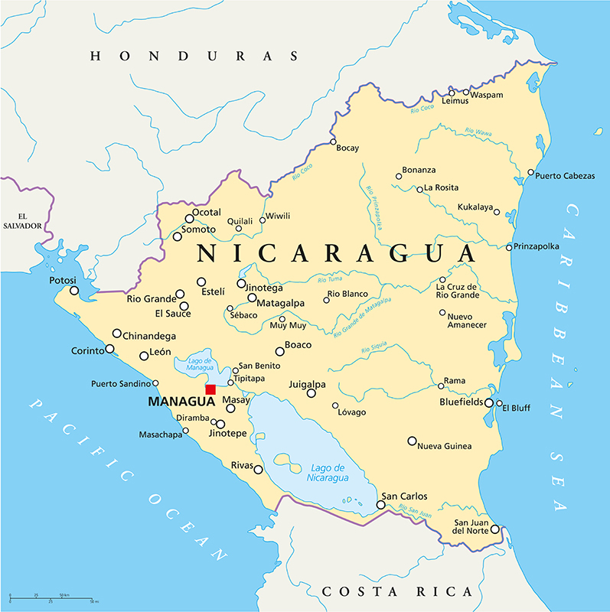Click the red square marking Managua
pyautogui.click(x=210, y=389)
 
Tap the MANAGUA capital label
pyautogui.click(x=180, y=402)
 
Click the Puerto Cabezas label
pyautogui.click(x=565, y=176)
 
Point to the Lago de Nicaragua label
pyautogui.click(x=329, y=472)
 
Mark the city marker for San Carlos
pyautogui.click(x=380, y=505)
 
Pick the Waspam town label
pyautogui.click(x=488, y=95)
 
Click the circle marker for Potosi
pyautogui.click(x=74, y=291)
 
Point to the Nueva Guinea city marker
pyautogui.click(x=412, y=441)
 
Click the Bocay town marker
pyautogui.click(x=333, y=142)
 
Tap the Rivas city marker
pyautogui.click(x=259, y=470)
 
